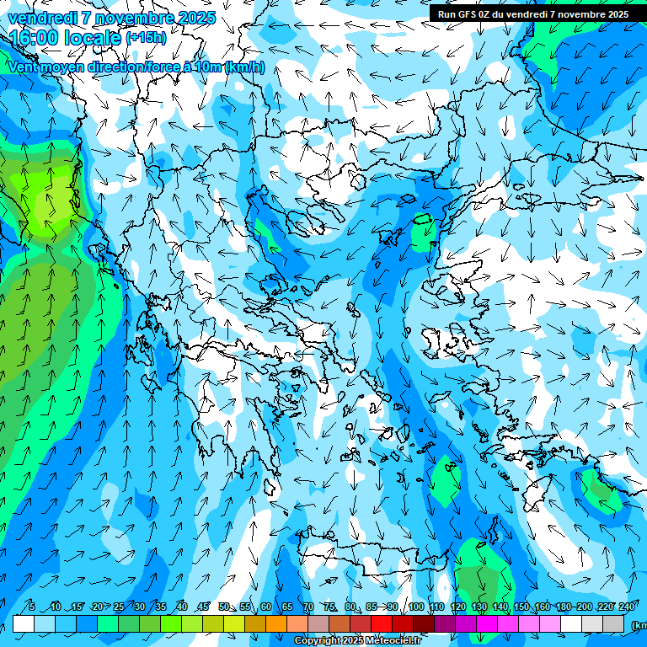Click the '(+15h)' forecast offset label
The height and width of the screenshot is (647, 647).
point(146,38)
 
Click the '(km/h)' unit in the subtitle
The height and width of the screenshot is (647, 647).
point(245,67)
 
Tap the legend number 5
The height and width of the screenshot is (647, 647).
point(32,607)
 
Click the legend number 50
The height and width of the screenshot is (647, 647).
point(223,607)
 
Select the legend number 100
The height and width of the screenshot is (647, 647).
point(416,607)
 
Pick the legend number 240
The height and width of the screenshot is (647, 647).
point(626,607)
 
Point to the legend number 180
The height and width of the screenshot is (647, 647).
point(564,607)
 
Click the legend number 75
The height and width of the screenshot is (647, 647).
point(329,607)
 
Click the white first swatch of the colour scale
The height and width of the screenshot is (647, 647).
point(24,623)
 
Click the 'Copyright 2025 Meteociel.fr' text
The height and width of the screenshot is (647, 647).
point(358,641)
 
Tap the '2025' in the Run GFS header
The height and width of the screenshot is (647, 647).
point(614,14)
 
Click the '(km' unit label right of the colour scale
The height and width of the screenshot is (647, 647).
point(639,625)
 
